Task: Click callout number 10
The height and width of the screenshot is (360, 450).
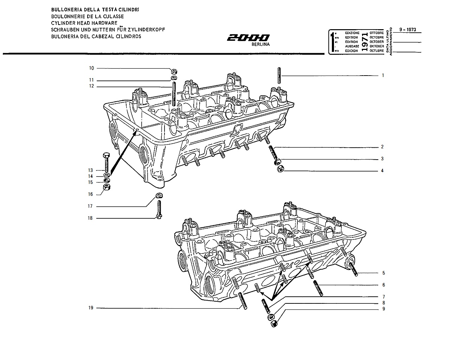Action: coord(92,68)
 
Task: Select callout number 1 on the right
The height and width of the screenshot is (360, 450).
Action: coord(383,76)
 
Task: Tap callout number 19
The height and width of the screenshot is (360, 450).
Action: coord(91,308)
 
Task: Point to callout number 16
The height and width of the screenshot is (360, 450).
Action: coord(90,194)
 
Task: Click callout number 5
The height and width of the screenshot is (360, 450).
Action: coord(384,273)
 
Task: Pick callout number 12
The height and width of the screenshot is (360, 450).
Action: coord(92,86)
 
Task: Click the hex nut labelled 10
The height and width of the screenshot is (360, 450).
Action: coord(174,71)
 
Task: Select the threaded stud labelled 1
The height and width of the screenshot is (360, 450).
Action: coord(279,76)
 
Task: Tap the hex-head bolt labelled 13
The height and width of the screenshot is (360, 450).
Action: coord(107,162)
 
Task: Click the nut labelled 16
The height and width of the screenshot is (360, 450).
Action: coord(107,187)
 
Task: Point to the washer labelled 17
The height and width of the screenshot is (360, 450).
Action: coord(159,196)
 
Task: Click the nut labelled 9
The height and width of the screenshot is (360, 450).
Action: coord(274,324)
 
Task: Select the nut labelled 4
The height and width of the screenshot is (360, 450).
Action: coord(280,169)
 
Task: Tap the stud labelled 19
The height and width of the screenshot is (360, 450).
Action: coord(243,301)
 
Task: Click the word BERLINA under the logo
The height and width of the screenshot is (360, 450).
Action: coord(261,44)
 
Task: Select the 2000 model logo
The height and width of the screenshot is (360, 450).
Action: coord(248,38)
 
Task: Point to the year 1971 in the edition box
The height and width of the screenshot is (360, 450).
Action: coord(365,42)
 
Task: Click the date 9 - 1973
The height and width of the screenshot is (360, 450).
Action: coord(407,30)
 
